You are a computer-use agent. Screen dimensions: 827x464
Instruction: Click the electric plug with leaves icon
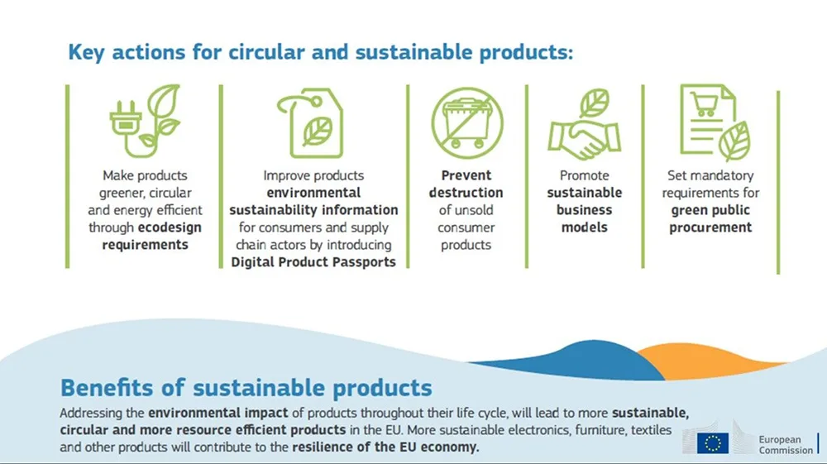[x=145, y=122]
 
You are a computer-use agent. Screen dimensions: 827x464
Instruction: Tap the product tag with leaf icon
[x=311, y=123]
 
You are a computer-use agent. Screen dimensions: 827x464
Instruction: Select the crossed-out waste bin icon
[x=466, y=123]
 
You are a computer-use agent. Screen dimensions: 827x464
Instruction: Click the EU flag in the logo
[x=713, y=443]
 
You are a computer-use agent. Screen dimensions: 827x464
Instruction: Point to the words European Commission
[x=786, y=444]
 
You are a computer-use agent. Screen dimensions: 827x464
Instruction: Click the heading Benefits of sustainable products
[x=246, y=388]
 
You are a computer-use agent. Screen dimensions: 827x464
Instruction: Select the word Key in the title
[x=87, y=53]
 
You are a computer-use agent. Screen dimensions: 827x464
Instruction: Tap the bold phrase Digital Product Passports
[x=313, y=262]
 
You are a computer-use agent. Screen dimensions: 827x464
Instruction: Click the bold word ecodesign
[x=170, y=227]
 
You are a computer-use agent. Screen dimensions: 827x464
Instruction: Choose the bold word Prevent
[x=466, y=175]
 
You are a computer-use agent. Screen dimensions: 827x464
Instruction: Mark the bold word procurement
[x=710, y=227]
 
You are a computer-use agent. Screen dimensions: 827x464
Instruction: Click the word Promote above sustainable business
[x=585, y=175]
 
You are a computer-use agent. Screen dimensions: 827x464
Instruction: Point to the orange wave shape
[x=707, y=360]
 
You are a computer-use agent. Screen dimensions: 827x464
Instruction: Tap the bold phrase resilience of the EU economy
[x=385, y=447]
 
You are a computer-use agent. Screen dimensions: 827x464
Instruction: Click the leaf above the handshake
[x=595, y=103]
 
